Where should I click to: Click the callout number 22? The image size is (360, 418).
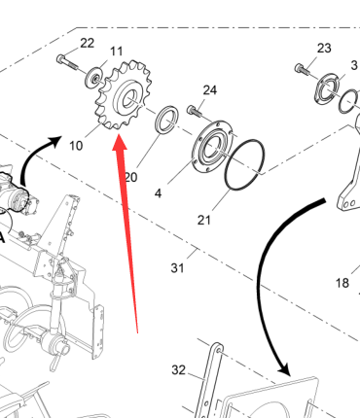87,43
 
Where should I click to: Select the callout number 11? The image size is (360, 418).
117,52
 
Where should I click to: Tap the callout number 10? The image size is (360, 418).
76,146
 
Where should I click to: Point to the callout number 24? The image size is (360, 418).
210,90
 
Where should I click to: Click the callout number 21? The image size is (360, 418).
204,221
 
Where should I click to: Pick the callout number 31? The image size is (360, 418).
177,268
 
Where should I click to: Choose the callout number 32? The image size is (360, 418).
178,369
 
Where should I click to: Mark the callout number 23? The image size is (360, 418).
324,49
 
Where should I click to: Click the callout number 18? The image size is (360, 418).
342,283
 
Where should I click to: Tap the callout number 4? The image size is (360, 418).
158,193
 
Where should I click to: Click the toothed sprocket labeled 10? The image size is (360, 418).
124,94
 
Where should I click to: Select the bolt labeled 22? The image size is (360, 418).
67,62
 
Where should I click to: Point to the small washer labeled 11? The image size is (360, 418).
94,79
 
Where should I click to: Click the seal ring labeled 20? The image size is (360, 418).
167,119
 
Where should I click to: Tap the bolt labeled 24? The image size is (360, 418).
195,111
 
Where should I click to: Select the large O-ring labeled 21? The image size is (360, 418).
244,164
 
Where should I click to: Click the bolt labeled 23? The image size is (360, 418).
302,70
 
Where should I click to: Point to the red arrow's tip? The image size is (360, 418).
119,134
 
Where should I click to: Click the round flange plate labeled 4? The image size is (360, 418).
212,146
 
